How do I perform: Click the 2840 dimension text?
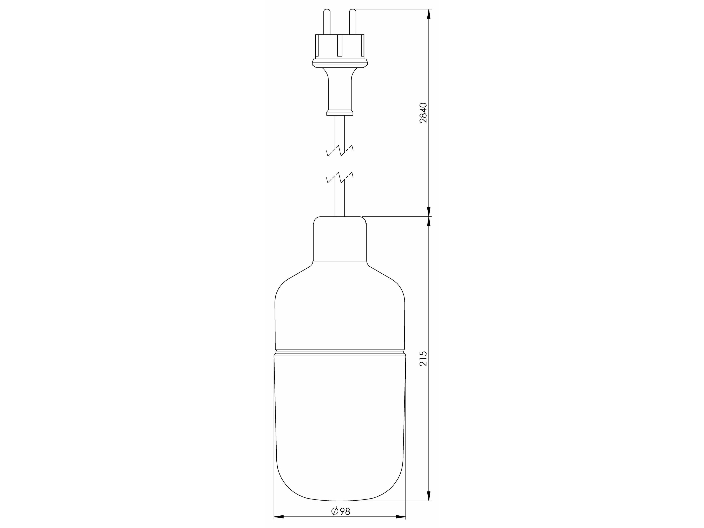click(x=423, y=113)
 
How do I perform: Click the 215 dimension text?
click(x=423, y=359)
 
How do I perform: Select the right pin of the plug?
click(x=353, y=22)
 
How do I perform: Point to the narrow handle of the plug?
click(x=340, y=92)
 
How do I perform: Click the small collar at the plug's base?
click(x=340, y=113)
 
